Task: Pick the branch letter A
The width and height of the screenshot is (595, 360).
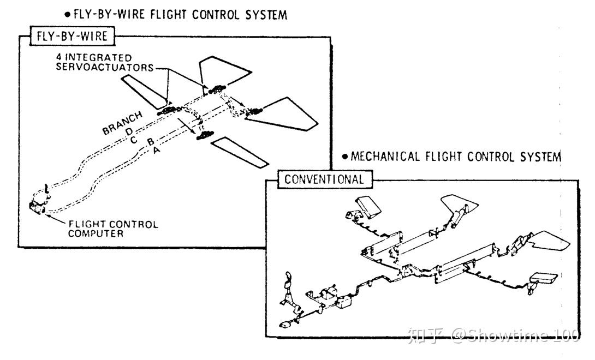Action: click(157, 151)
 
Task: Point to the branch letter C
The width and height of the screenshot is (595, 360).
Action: click(133, 140)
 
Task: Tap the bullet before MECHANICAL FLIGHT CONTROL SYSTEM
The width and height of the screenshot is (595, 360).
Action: click(345, 158)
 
